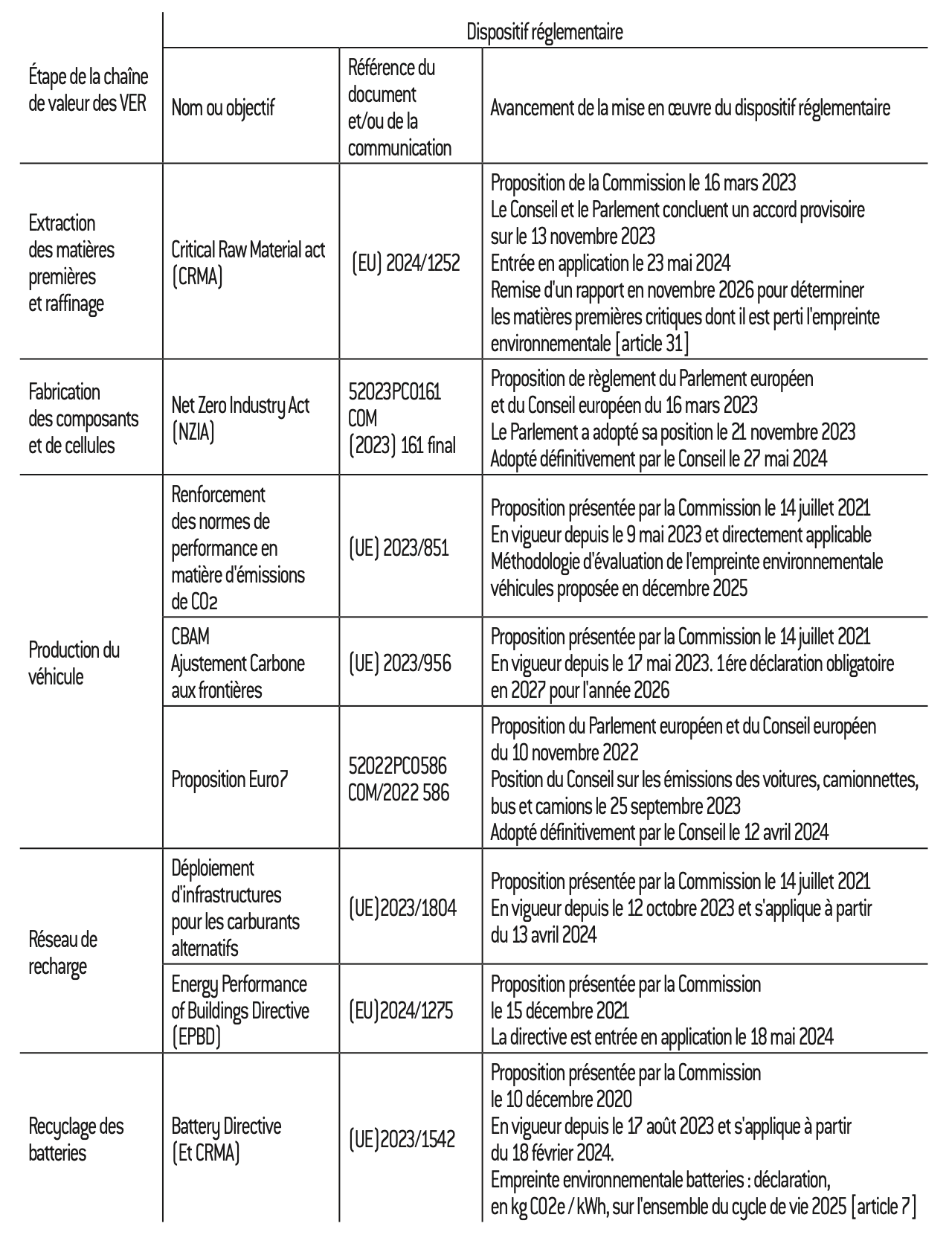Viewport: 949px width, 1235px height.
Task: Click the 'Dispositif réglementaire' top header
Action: [544, 32]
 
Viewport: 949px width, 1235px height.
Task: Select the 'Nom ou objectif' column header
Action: [222, 108]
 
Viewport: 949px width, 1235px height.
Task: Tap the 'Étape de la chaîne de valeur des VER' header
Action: [88, 90]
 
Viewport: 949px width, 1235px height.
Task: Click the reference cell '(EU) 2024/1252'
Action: [405, 263]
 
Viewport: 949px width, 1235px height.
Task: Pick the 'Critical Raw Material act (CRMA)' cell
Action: [248, 263]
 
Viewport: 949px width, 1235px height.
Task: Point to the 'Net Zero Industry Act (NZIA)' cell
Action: [239, 418]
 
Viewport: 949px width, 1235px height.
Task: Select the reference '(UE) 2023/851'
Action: [399, 548]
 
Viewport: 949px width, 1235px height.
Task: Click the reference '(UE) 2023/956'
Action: [399, 663]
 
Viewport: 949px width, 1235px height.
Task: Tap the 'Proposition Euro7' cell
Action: [230, 779]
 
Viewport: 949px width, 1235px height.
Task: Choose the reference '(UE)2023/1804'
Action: [402, 908]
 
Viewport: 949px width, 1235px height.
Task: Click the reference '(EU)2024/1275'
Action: [401, 1010]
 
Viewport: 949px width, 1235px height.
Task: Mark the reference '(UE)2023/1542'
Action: [402, 1139]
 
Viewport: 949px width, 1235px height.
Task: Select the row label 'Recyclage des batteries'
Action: [76, 1139]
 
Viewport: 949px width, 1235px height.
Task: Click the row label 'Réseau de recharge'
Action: [62, 952]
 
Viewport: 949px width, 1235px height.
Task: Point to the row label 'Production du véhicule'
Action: [74, 663]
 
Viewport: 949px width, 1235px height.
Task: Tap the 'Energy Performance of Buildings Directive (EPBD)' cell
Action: [239, 1010]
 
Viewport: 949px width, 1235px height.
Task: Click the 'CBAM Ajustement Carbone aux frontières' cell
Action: [237, 663]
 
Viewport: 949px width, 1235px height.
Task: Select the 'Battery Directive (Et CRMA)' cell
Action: [226, 1139]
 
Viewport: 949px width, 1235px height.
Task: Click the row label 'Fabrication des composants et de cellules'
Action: [83, 418]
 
